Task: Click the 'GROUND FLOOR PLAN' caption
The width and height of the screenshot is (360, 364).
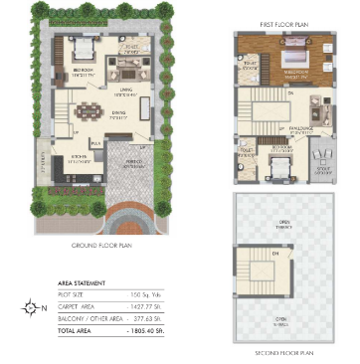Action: pyautogui.click(x=104, y=245)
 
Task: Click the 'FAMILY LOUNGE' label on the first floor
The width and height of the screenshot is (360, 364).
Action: pyautogui.click(x=301, y=127)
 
